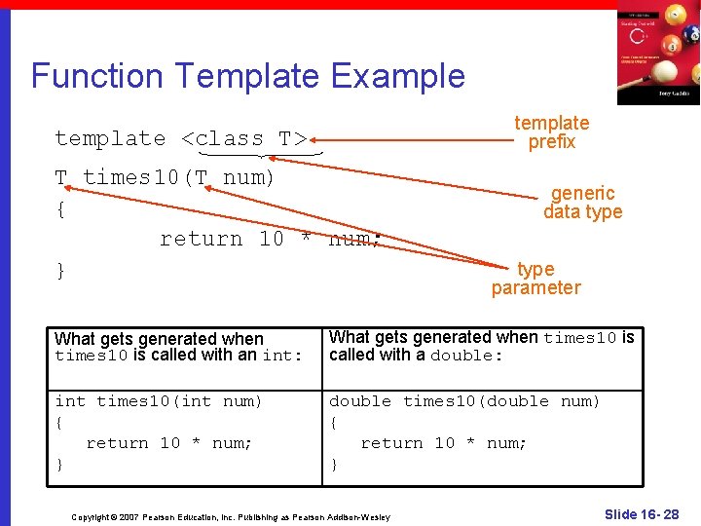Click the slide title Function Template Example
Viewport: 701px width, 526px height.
coord(248,76)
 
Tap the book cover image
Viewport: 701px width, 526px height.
coord(657,54)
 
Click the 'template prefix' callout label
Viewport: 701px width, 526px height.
coord(551,132)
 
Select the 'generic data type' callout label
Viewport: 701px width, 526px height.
coord(582,203)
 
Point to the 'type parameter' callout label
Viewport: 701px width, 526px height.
coord(535,279)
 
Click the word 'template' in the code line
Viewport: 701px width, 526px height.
coord(110,138)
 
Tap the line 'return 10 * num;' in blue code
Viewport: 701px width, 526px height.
coord(269,239)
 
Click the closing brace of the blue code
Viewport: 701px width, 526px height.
coord(60,270)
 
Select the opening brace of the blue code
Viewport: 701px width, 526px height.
coord(60,208)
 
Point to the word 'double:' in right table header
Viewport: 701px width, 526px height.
coord(466,356)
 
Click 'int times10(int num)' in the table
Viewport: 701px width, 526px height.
coord(159,401)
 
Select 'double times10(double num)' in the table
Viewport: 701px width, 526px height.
coord(464,401)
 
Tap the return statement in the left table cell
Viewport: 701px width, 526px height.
coord(169,443)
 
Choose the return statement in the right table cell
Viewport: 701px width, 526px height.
coord(444,443)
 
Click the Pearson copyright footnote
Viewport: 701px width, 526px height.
coord(231,516)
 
